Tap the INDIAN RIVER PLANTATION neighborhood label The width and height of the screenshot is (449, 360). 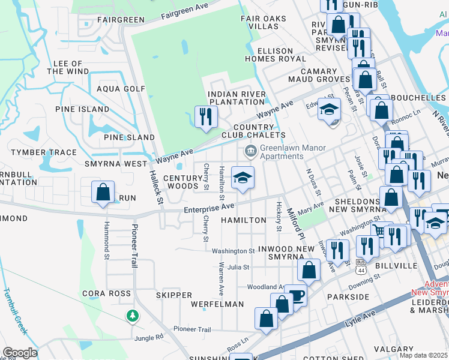click(x=236, y=98)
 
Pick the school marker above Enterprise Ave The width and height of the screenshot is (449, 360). click(x=243, y=178)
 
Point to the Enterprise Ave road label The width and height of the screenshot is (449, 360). click(x=209, y=207)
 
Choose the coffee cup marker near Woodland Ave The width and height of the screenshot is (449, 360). click(x=296, y=295)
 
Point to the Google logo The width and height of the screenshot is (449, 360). click(x=20, y=353)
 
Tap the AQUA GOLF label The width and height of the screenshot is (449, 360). click(x=121, y=89)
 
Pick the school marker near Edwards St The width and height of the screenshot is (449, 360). click(x=329, y=109)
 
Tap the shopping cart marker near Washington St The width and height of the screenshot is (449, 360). click(x=379, y=230)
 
